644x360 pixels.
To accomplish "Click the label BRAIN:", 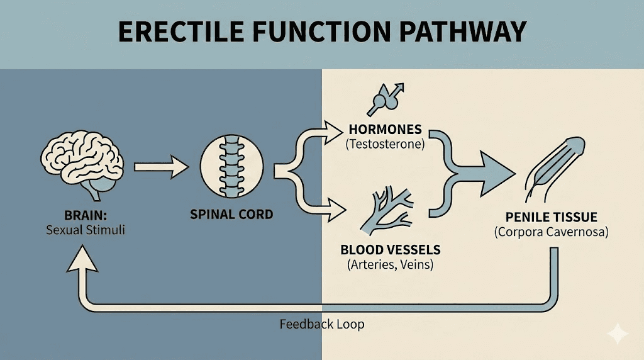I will [x=86, y=214].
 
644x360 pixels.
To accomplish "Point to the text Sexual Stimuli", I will [x=86, y=230].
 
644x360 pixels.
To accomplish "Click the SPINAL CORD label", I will [x=231, y=215].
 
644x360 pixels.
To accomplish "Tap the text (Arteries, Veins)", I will [x=390, y=265].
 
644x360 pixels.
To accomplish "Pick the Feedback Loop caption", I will [x=321, y=325].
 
